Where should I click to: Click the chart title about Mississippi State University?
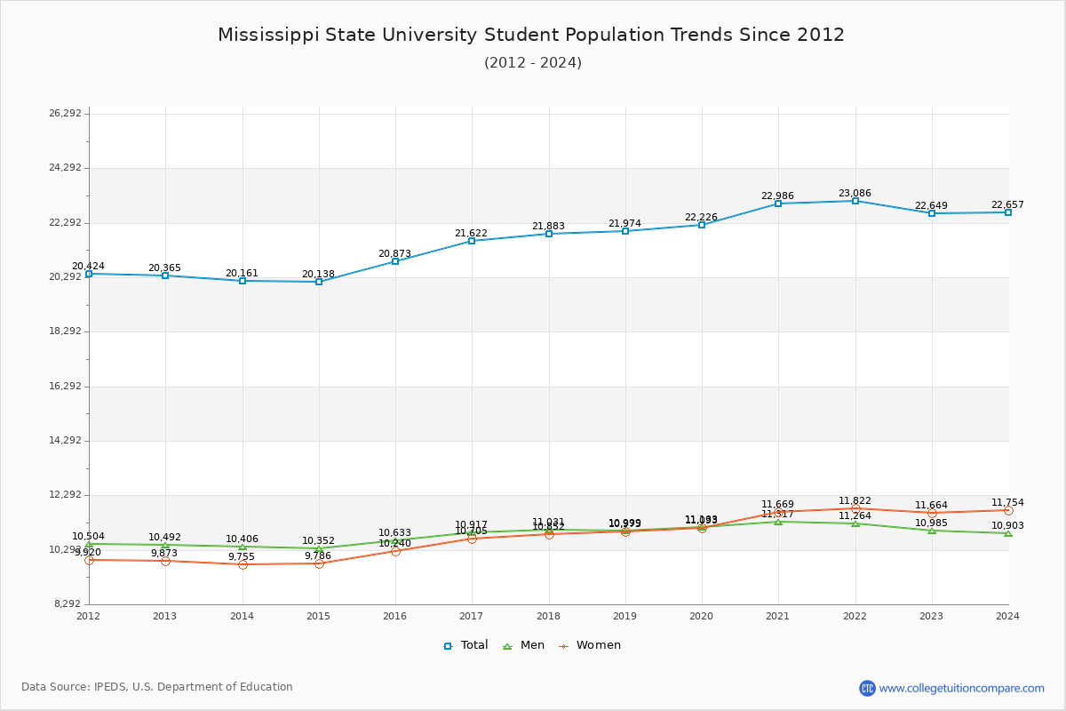(x=531, y=35)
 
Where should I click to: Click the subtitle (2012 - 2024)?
(x=533, y=63)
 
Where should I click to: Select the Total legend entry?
(x=465, y=645)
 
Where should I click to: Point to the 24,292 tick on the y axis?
(x=65, y=168)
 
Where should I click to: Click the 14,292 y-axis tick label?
(x=65, y=441)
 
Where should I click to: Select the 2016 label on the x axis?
(x=395, y=616)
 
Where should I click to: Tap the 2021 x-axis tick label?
(x=778, y=616)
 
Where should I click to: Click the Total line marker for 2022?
(x=855, y=201)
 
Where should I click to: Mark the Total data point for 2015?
(x=319, y=282)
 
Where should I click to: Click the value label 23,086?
(x=855, y=193)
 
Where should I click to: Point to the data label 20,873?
(x=394, y=253)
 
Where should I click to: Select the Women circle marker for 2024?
(x=1008, y=510)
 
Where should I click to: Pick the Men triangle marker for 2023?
(x=932, y=531)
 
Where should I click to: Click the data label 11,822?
(x=855, y=500)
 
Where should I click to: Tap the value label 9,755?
(x=241, y=556)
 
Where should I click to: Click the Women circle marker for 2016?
(x=395, y=551)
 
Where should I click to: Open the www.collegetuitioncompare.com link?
(x=961, y=688)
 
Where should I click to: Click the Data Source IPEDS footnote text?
(x=157, y=687)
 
